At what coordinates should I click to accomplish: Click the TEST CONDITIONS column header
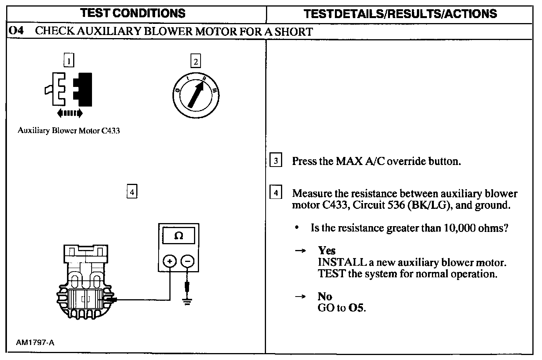(x=133, y=13)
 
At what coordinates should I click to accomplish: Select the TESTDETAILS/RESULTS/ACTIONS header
(x=400, y=14)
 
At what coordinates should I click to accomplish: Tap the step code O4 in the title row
(x=16, y=31)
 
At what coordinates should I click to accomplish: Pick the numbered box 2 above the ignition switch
(x=196, y=61)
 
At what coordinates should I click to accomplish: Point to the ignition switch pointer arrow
(x=196, y=94)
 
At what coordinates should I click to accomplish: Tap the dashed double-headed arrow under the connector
(x=69, y=113)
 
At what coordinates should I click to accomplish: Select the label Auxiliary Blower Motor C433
(x=69, y=131)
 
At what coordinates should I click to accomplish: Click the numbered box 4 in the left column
(x=132, y=191)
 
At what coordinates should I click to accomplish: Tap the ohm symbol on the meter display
(x=179, y=235)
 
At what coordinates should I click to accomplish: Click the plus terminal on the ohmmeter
(x=170, y=261)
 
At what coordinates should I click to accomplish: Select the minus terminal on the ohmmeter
(x=187, y=261)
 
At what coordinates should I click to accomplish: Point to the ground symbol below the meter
(x=187, y=301)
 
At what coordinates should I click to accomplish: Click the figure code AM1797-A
(x=35, y=342)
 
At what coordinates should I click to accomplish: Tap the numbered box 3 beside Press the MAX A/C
(x=276, y=160)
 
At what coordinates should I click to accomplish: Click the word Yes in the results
(x=327, y=250)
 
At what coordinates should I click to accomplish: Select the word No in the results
(x=325, y=296)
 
